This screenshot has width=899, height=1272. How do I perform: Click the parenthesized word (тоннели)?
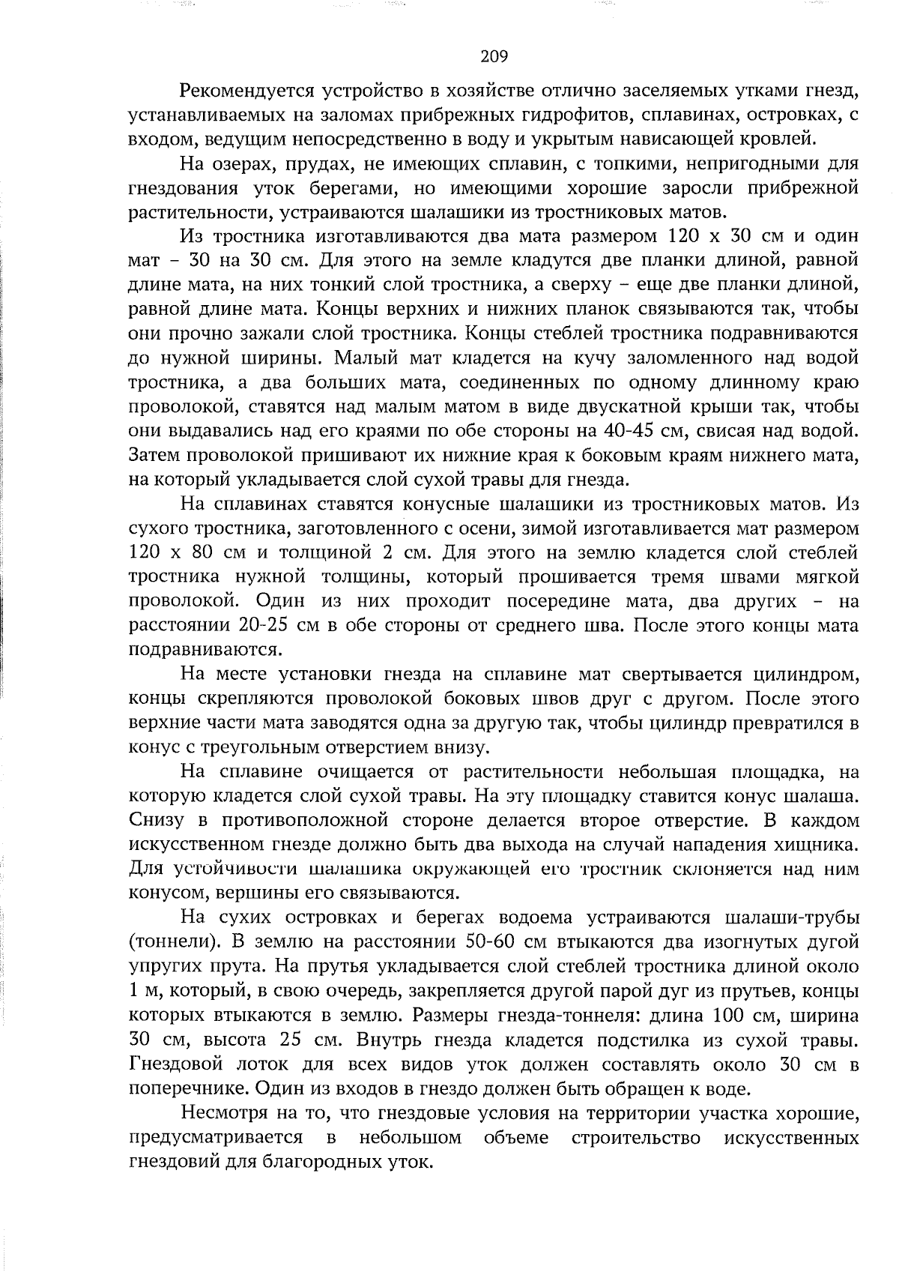tap(169, 941)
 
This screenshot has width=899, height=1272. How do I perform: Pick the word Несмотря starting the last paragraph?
tap(220, 1113)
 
